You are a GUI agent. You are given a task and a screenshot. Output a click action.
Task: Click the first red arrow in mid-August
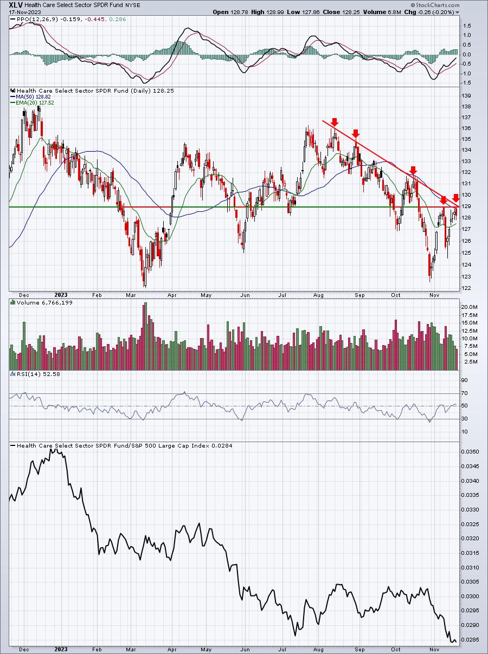coord(335,122)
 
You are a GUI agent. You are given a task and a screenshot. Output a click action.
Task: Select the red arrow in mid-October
coord(413,170)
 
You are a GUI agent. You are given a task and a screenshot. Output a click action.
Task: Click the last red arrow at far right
coord(456,197)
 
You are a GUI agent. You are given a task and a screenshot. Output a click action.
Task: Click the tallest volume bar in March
coord(145,336)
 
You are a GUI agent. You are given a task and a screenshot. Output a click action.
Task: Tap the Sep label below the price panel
coord(359,295)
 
